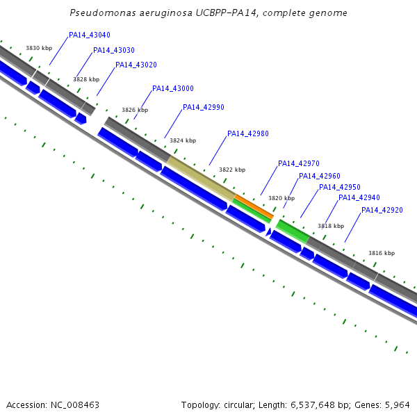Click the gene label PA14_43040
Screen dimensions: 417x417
point(90,35)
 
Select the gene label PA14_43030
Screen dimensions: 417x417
point(114,50)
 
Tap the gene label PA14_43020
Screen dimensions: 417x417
point(136,65)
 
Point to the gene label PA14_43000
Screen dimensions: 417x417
point(173,88)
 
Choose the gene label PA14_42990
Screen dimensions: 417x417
point(204,107)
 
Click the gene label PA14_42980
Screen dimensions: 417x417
point(248,133)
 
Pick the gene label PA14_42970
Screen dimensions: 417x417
point(299,163)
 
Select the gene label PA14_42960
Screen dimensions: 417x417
point(320,176)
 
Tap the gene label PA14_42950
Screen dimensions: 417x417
point(340,187)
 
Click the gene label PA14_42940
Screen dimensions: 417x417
point(359,197)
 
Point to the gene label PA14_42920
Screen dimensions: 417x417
point(382,210)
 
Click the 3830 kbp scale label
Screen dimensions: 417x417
point(39,48)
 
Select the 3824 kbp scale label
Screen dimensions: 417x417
point(183,140)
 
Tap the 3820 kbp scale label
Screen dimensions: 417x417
point(281,198)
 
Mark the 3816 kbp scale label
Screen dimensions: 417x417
point(382,253)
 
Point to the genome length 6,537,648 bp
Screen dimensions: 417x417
point(318,404)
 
